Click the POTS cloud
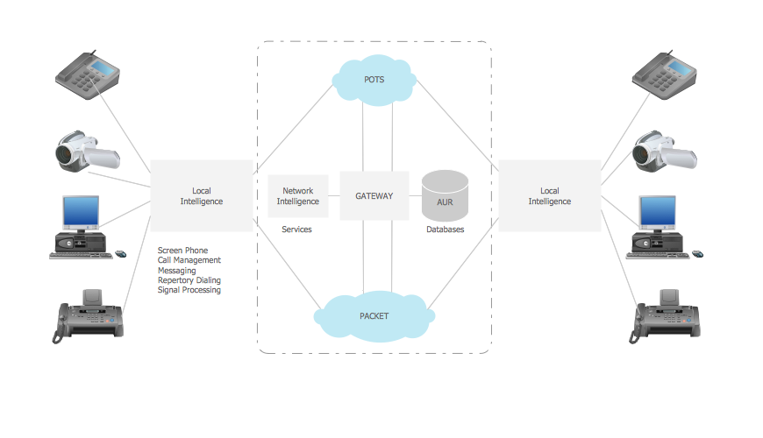(374, 80)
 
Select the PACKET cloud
(374, 315)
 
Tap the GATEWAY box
(374, 196)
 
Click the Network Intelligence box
(298, 196)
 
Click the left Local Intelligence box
(202, 196)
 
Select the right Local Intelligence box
(549, 196)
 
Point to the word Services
(296, 230)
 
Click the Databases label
(446, 230)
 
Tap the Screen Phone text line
(182, 251)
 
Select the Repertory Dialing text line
(189, 280)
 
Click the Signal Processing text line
(189, 290)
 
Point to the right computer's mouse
(697, 254)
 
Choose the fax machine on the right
(667, 314)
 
